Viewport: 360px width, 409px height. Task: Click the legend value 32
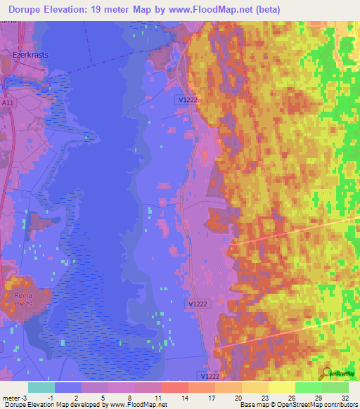coord(345,397)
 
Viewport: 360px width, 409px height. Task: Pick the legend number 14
coord(184,397)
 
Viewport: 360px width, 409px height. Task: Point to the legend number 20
coord(238,397)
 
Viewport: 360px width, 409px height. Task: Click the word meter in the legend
coord(9,397)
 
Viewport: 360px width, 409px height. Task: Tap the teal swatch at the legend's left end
coord(41,387)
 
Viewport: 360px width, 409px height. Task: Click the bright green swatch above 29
coord(308,387)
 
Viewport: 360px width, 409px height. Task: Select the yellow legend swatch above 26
coord(281,387)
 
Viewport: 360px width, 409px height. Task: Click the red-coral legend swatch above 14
coord(174,387)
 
